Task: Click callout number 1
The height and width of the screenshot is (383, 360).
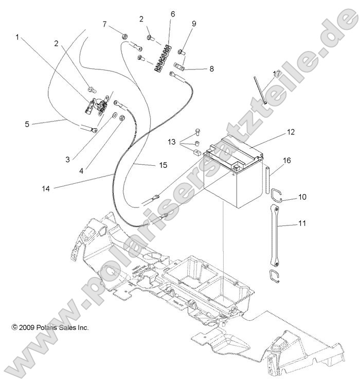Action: pyautogui.click(x=19, y=37)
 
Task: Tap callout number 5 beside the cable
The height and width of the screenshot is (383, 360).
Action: pyautogui.click(x=27, y=124)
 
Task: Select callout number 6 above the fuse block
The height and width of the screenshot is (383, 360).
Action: pyautogui.click(x=172, y=14)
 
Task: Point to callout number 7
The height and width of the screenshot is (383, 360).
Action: pyautogui.click(x=104, y=24)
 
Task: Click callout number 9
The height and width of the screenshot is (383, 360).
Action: pyautogui.click(x=194, y=24)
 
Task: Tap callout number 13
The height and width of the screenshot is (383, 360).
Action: pyautogui.click(x=171, y=142)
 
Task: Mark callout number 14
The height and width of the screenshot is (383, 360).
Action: pyautogui.click(x=46, y=188)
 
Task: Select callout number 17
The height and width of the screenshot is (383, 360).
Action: pyautogui.click(x=276, y=74)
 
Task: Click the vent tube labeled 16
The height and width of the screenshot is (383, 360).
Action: pyautogui.click(x=268, y=180)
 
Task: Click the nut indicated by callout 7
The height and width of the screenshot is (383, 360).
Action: pyautogui.click(x=124, y=36)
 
